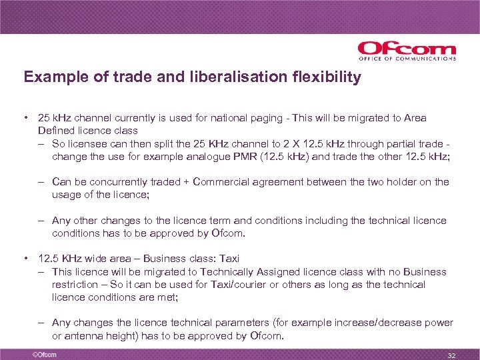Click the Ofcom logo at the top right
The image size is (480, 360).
coord(407,51)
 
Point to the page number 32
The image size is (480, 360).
coord(451,355)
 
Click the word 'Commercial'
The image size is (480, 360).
coord(222,182)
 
